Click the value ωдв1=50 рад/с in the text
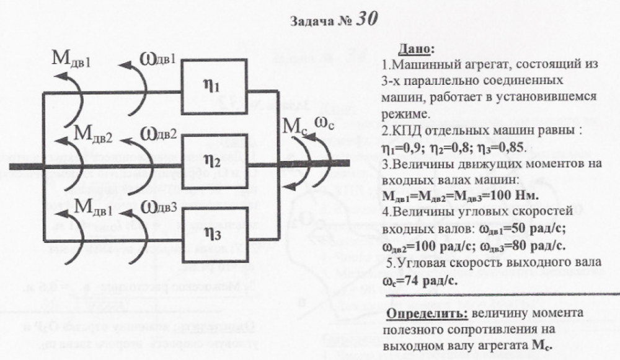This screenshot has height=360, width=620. [x=519, y=229]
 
